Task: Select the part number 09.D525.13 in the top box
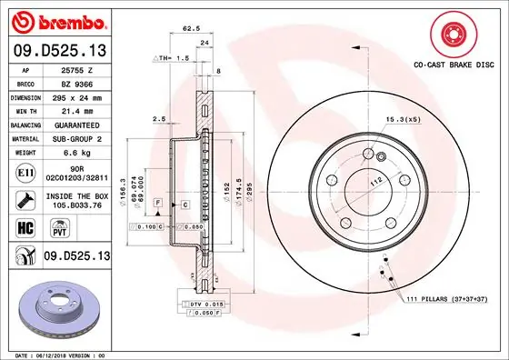click(x=58, y=49)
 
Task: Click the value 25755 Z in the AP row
click(x=73, y=69)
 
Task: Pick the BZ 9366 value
click(x=73, y=82)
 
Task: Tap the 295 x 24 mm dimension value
click(x=75, y=95)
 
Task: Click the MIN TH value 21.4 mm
click(x=73, y=109)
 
